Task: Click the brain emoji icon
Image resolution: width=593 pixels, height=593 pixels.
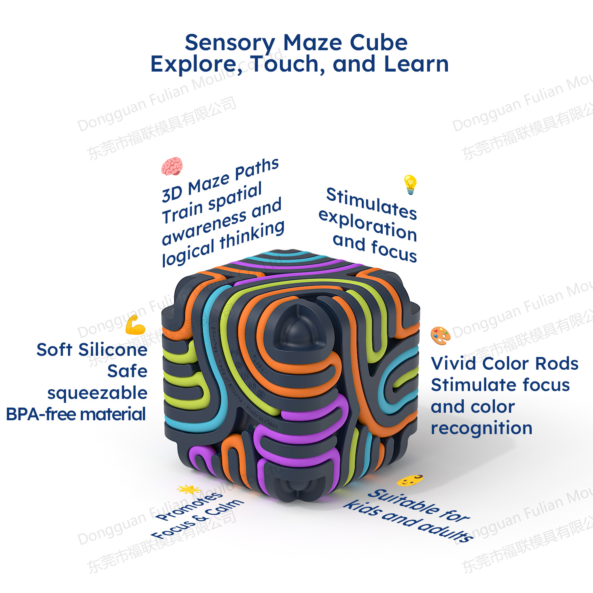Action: [x=172, y=166]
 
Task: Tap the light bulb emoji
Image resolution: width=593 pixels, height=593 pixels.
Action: [x=410, y=184]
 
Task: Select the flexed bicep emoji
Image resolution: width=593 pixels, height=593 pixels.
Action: [x=135, y=325]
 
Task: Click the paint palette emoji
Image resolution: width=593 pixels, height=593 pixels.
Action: [x=440, y=336]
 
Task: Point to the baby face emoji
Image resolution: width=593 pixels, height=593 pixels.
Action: [x=410, y=480]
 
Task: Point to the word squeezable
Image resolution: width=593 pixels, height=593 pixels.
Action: [x=97, y=393]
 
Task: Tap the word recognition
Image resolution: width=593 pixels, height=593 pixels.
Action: [x=482, y=429]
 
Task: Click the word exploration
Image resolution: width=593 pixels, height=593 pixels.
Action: [x=367, y=225]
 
